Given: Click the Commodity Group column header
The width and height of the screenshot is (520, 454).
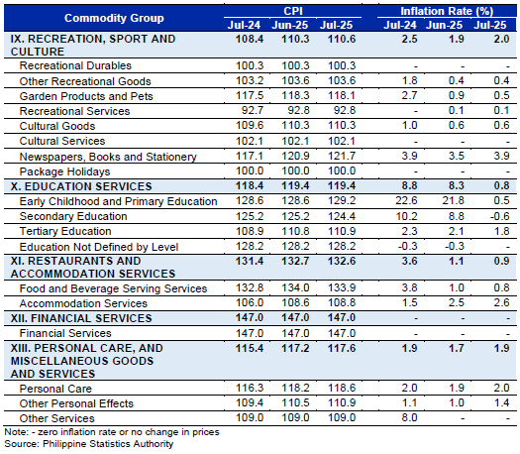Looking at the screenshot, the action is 114,18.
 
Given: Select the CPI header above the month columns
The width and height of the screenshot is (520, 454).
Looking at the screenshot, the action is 293,11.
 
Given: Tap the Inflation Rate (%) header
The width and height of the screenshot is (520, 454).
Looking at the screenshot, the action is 447,11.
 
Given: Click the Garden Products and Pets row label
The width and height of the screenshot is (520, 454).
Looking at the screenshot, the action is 86,96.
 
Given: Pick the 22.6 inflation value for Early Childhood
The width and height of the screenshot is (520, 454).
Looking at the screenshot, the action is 406,200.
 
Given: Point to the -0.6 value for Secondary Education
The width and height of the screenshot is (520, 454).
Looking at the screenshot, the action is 499,216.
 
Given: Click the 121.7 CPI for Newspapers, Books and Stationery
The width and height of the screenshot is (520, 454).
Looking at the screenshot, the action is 342,156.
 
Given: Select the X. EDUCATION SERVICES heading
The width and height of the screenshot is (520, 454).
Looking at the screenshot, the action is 81,186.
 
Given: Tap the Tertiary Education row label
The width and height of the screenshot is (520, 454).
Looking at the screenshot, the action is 65,231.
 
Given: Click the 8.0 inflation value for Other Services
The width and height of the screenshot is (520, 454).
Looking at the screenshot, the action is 409,417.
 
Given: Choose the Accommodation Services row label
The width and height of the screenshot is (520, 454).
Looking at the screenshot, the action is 83,303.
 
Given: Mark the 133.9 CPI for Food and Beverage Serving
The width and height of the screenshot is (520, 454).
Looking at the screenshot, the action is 342,287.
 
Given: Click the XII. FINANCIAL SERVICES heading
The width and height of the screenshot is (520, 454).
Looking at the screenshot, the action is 81,318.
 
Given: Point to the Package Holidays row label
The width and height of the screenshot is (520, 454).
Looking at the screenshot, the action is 64,171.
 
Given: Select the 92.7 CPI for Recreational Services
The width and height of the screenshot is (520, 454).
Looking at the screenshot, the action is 253,110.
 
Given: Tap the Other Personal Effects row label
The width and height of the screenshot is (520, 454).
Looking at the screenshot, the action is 76,403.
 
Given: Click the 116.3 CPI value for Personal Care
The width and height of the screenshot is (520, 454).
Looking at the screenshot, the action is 250,388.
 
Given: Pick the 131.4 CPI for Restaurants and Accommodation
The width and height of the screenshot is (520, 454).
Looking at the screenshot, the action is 250,261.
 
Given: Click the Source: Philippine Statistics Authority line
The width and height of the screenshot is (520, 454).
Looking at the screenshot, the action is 89,444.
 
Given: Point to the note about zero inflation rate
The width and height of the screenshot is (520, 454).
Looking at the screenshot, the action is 112,432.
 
